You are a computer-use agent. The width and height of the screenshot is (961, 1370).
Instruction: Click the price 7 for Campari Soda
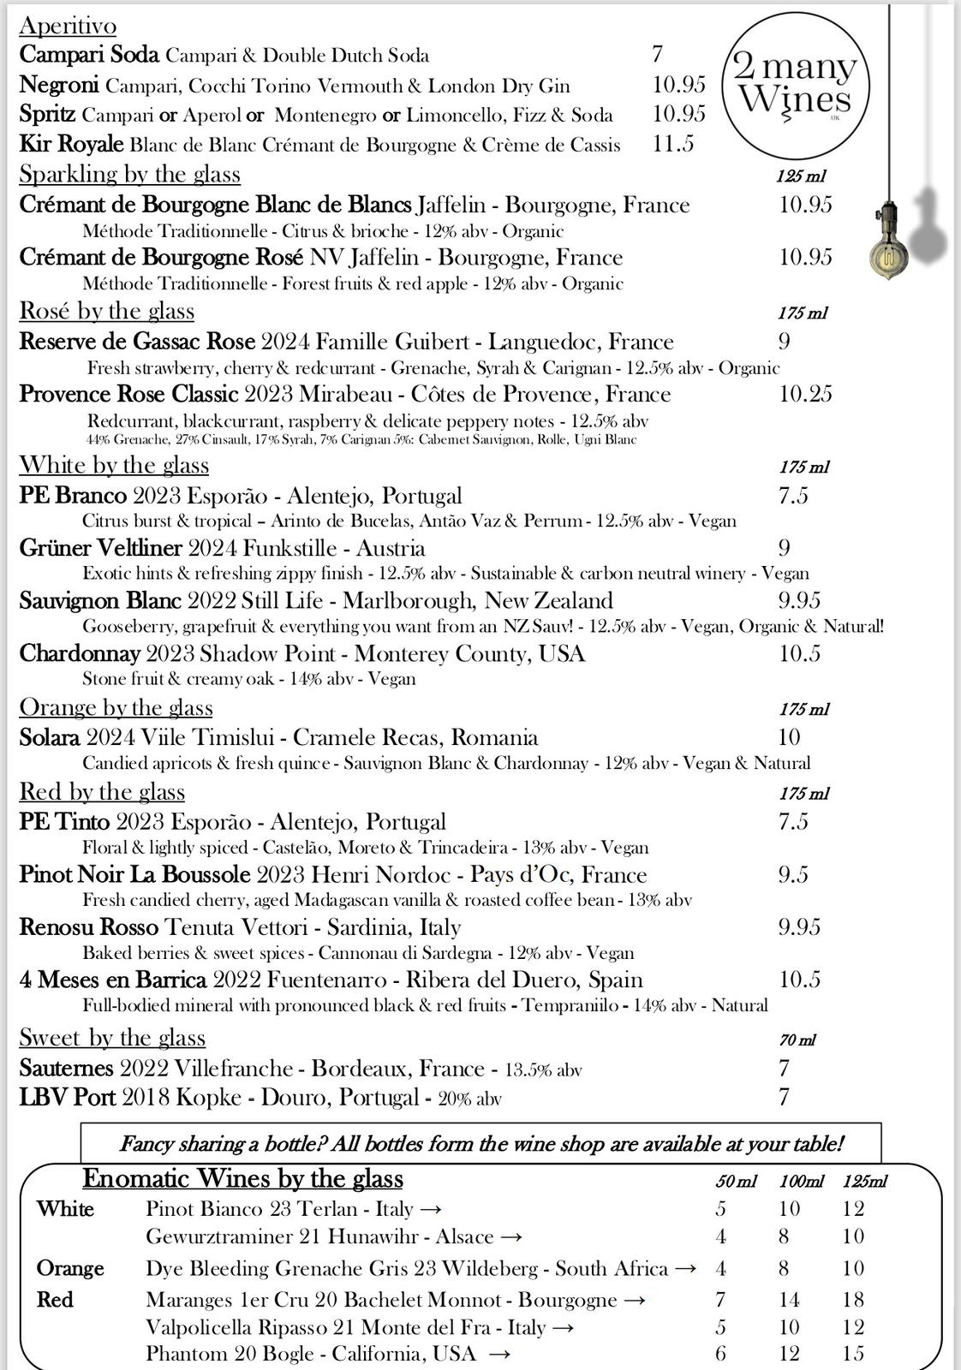[658, 55]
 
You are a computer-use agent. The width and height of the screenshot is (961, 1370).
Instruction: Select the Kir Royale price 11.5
[673, 144]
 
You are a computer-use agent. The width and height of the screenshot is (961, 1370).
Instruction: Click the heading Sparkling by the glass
[129, 174]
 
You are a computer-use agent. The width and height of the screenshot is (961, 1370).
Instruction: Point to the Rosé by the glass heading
[106, 311]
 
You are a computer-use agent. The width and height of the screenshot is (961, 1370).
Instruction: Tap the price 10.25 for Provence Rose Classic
[805, 394]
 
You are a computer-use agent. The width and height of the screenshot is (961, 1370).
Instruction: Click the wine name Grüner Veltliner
[100, 548]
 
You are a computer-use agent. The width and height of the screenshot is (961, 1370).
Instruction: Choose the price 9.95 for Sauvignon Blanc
[799, 600]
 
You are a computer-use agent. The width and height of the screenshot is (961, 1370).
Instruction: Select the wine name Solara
[50, 737]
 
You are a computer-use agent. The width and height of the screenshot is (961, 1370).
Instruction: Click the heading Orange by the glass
[116, 707]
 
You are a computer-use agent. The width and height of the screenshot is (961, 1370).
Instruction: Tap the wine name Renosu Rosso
[88, 927]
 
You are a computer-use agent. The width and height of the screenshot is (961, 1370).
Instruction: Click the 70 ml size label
[797, 1040]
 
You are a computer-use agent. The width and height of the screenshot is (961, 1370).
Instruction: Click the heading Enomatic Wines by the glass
[242, 1179]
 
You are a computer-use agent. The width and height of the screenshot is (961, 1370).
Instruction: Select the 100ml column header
[801, 1182]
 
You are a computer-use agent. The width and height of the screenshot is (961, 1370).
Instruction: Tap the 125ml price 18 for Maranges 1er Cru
[853, 1300]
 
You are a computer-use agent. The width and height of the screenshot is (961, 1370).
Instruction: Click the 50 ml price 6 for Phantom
[721, 1354]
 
